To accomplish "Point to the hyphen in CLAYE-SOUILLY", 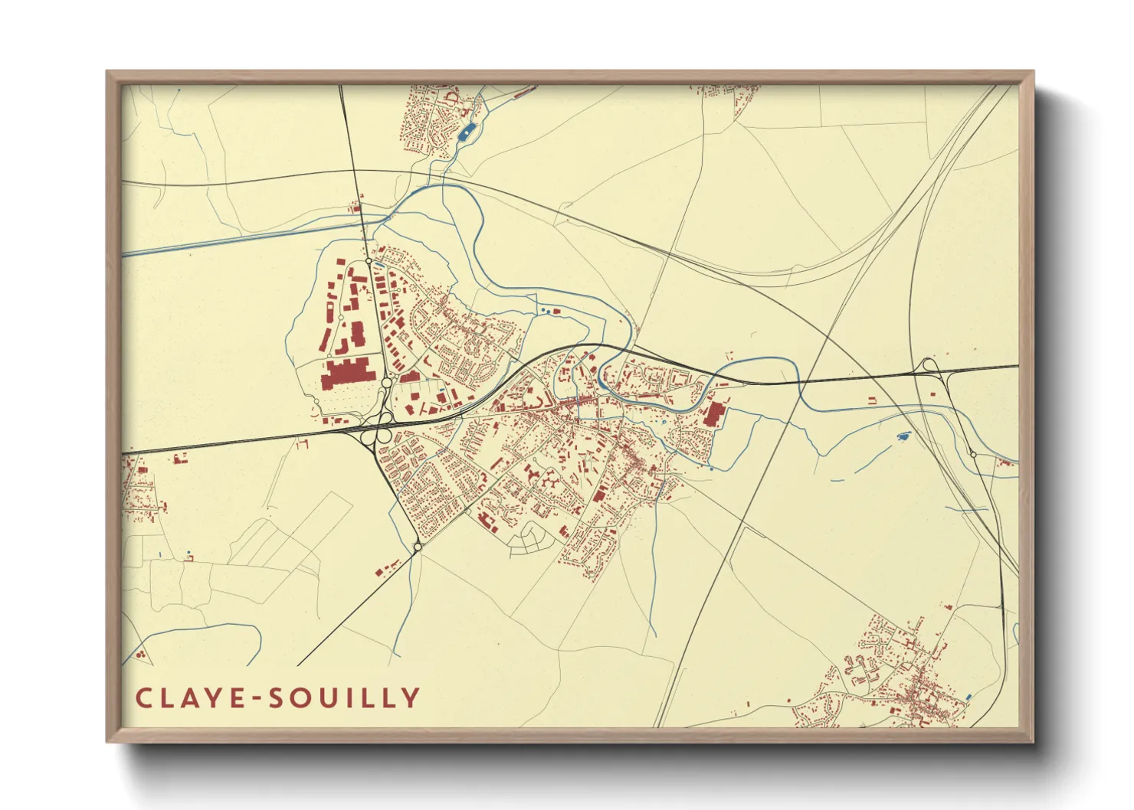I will pyautogui.click(x=246, y=698).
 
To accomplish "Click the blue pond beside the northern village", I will pyautogui.click(x=466, y=133).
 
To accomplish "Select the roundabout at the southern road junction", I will pyautogui.click(x=417, y=547).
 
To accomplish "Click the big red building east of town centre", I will pyautogui.click(x=713, y=414).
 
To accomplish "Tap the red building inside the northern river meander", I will pyautogui.click(x=557, y=311).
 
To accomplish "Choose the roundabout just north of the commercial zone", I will pyautogui.click(x=369, y=262).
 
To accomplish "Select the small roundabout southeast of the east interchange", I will pyautogui.click(x=973, y=455).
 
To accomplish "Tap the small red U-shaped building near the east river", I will pyautogui.click(x=873, y=400).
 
